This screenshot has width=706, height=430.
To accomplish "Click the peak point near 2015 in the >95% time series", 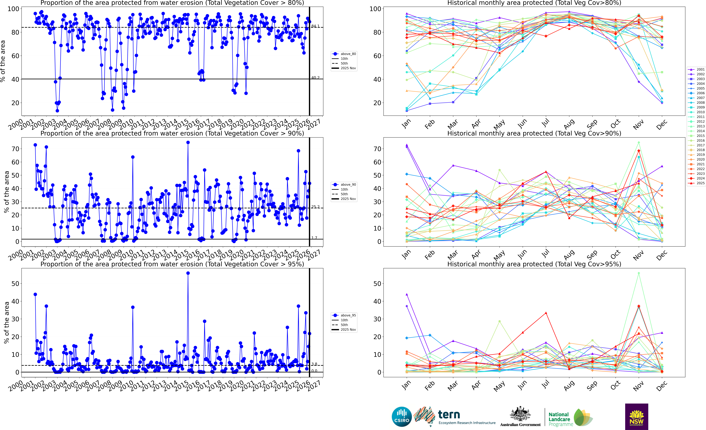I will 188,273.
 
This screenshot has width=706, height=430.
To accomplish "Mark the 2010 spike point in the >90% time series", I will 133,157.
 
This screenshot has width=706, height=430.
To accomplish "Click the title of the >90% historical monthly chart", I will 534,133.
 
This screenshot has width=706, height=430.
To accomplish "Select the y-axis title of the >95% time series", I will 6,323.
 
